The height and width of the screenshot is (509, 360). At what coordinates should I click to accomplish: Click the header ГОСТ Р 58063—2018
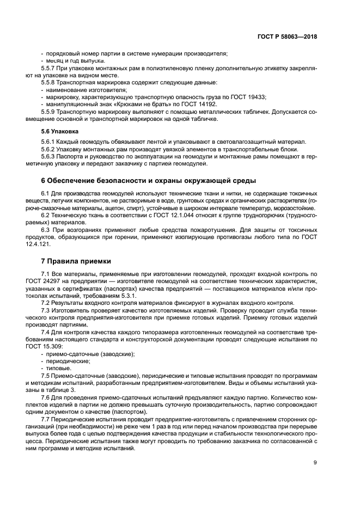[287, 37]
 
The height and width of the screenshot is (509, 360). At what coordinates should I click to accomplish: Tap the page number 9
[315, 463]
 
